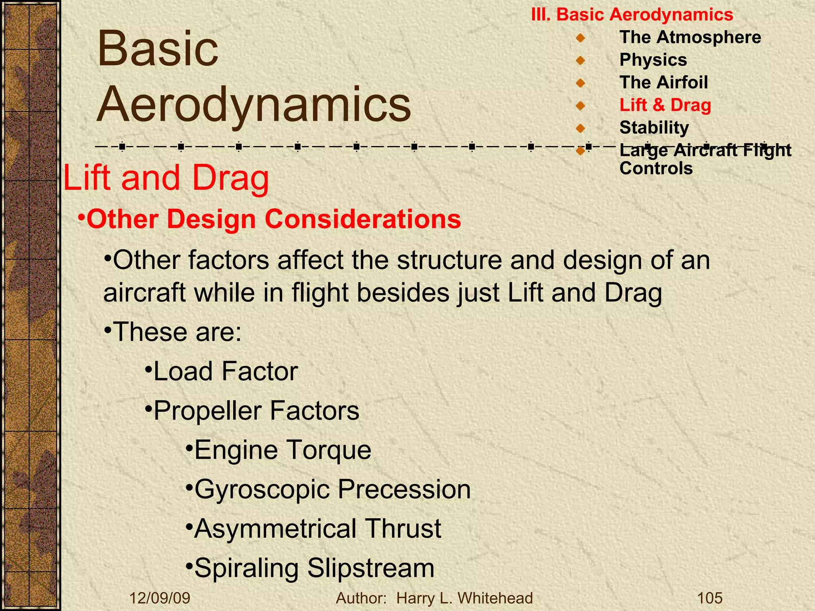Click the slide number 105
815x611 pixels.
tap(710, 598)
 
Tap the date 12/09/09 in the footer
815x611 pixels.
tap(160, 598)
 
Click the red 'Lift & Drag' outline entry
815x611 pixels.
tap(665, 105)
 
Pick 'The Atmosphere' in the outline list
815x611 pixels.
tap(690, 37)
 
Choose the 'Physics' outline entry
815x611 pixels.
tap(653, 60)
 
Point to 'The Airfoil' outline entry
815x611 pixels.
tap(663, 82)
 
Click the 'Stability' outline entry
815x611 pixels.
tap(654, 128)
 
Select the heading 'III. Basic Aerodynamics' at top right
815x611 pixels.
tap(632, 15)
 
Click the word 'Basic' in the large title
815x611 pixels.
tap(158, 50)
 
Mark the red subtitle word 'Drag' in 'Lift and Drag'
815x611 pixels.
tap(230, 178)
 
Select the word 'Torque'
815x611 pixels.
tap(330, 450)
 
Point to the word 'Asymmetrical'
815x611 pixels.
tap(275, 529)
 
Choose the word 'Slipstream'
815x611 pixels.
tap(370, 568)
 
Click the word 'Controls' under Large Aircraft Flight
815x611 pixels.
tap(656, 168)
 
